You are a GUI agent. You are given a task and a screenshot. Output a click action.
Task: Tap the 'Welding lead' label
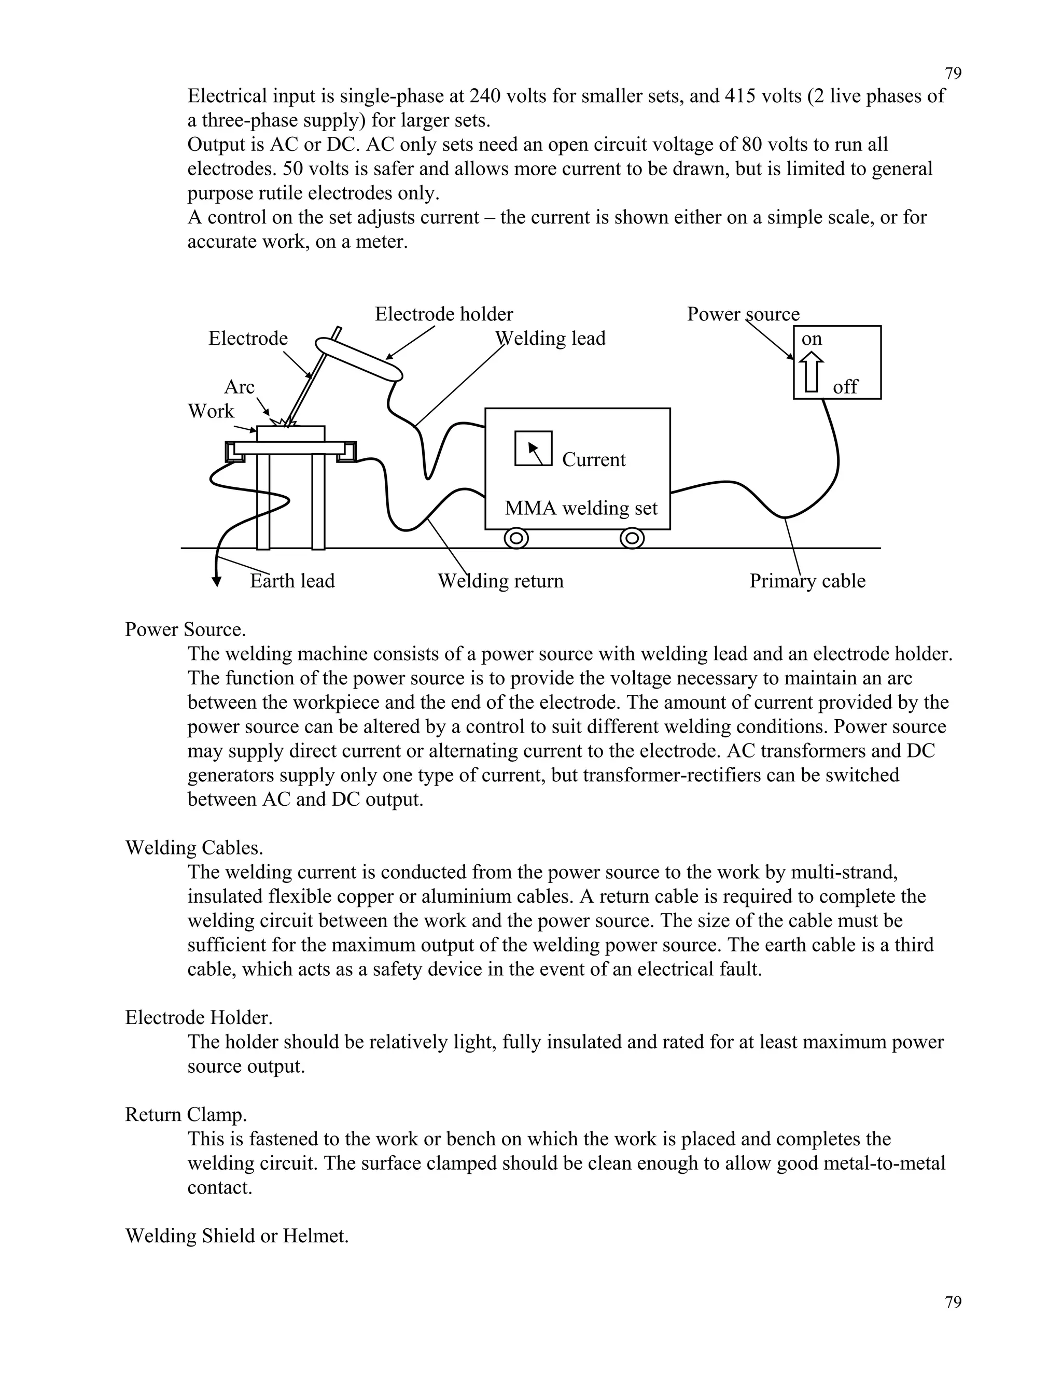[551, 339]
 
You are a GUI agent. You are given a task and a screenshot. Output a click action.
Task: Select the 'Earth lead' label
[292, 580]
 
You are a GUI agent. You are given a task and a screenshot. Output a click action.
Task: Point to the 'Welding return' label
[500, 580]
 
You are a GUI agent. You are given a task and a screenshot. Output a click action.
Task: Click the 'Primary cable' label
[807, 580]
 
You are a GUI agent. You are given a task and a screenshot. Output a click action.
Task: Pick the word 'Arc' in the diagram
[239, 386]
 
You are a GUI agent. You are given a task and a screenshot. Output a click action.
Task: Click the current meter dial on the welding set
[534, 448]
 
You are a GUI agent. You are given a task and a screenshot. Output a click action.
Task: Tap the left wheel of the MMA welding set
[516, 539]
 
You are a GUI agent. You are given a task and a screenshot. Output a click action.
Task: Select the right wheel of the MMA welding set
[632, 539]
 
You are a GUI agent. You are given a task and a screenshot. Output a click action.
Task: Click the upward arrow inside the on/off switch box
[812, 371]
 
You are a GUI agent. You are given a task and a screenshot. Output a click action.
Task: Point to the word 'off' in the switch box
[845, 387]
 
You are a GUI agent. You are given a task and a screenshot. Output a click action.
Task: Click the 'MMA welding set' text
[581, 508]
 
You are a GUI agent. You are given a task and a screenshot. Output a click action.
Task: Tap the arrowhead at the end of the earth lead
[216, 582]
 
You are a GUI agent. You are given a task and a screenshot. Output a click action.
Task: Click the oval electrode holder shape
[359, 360]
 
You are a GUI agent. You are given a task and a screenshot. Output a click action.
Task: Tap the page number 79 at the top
[953, 74]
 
